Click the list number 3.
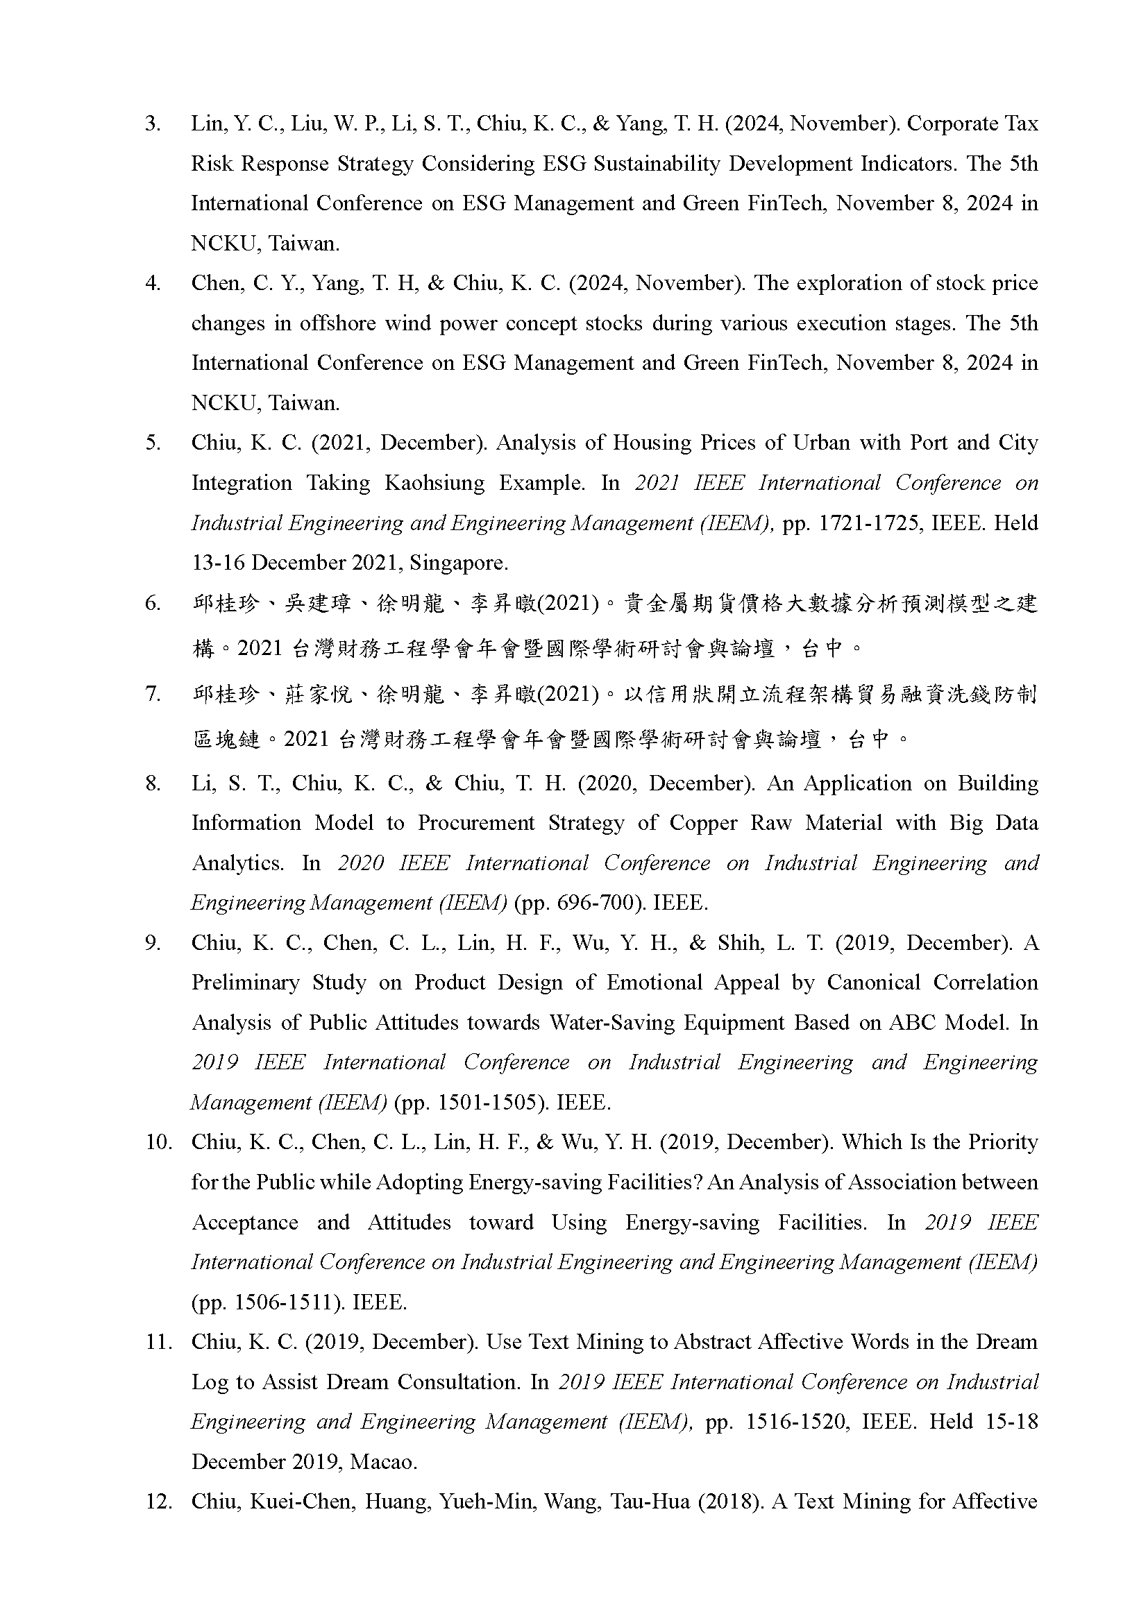153,124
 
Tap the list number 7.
153,694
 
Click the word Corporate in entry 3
952,124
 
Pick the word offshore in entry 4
337,324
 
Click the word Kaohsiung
434,484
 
